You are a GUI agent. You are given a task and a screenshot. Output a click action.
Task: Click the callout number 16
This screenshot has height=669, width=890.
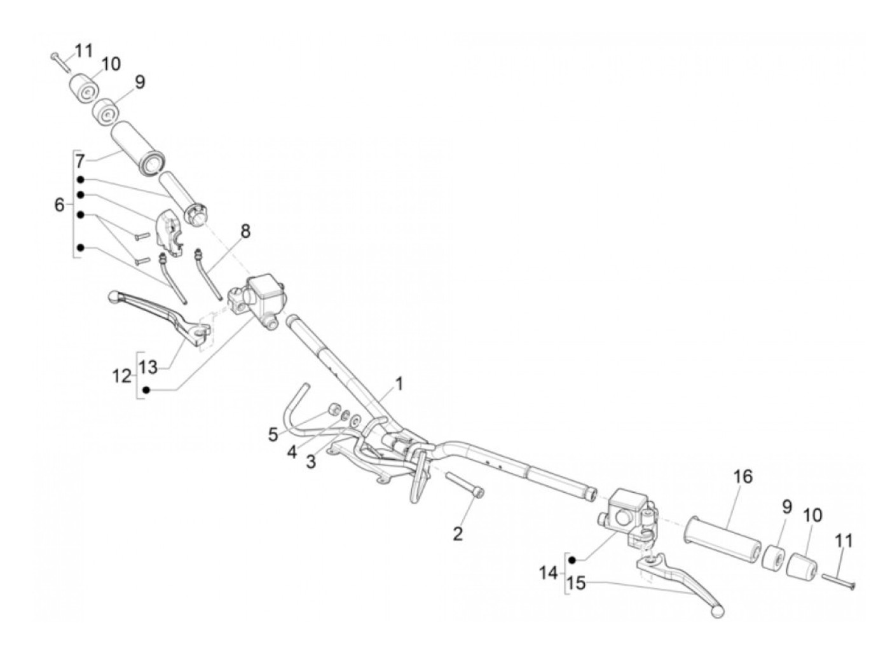742,476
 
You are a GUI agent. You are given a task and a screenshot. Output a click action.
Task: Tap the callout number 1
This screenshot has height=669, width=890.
399,383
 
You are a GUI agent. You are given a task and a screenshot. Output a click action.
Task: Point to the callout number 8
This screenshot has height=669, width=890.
245,231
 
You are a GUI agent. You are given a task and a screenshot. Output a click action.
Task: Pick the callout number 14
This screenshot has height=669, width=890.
548,573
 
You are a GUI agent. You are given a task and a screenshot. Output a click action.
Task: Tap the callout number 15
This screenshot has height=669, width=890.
576,583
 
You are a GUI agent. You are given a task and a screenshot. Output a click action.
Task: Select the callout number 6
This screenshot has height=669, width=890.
59,205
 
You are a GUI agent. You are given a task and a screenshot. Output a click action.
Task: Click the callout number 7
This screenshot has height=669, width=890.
79,160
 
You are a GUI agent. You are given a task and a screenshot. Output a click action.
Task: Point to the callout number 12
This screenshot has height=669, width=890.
121,376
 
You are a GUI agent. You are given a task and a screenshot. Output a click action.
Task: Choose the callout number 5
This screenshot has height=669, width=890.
273,435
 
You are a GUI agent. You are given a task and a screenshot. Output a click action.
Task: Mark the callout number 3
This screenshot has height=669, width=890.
311,462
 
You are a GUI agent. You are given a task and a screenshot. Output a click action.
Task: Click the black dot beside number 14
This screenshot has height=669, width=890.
572,560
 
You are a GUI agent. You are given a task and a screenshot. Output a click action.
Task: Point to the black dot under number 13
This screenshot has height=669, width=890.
146,390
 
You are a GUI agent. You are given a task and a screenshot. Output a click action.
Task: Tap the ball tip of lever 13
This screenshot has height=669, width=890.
114,297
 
